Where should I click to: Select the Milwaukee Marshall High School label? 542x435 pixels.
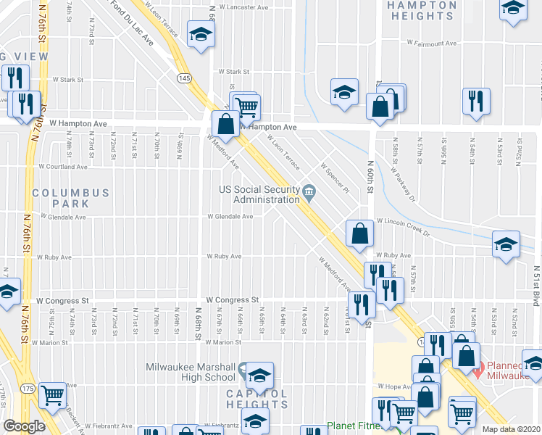click(x=191, y=371)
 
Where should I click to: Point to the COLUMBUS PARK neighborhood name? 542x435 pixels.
click(x=70, y=198)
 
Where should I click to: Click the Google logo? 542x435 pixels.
click(x=24, y=426)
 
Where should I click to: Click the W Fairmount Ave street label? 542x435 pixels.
click(x=432, y=43)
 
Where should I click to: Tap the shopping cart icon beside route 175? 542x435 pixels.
click(x=52, y=394)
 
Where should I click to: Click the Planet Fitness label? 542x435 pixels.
click(x=353, y=426)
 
